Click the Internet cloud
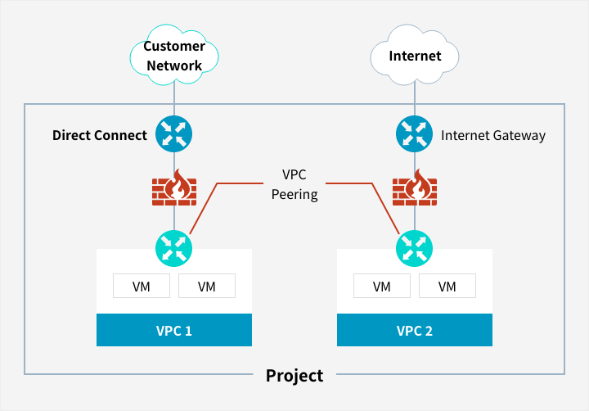coord(415,56)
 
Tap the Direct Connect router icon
coord(174,134)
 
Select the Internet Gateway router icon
coord(415,134)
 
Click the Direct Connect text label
coord(100,135)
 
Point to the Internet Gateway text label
coord(492,135)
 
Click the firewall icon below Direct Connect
coord(174,187)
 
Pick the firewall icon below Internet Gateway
coord(415,187)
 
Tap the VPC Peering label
coord(294,185)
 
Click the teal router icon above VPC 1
coord(174,246)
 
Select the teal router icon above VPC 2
coord(415,246)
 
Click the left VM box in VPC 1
coord(142,287)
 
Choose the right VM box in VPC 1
coord(207,287)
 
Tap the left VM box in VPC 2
coord(382,287)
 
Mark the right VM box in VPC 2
coord(447,287)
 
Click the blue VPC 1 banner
coord(174,331)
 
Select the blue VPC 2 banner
coord(415,331)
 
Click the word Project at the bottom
coord(294,376)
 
